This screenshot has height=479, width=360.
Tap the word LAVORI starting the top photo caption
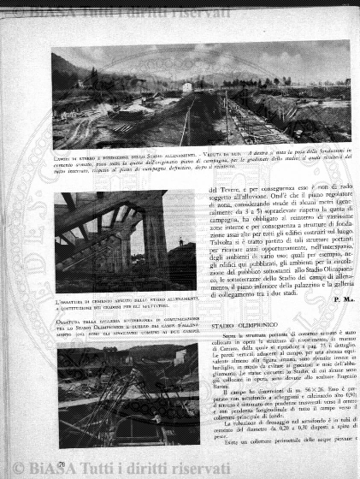(x=64, y=154)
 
